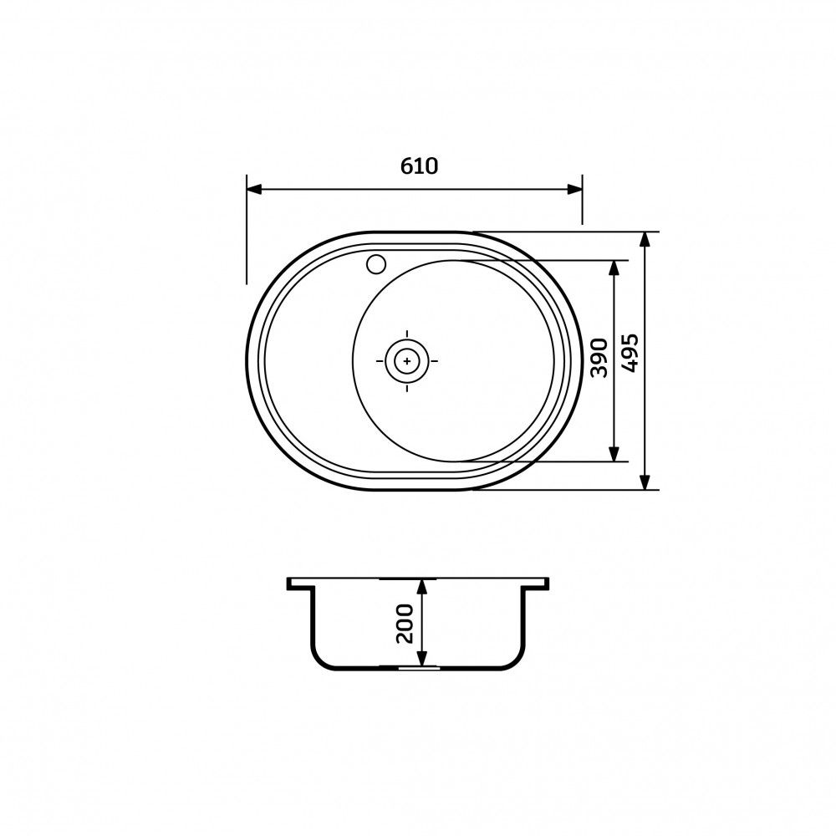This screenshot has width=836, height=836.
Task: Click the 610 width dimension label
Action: (x=419, y=166)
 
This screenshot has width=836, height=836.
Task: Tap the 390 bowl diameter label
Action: (x=599, y=357)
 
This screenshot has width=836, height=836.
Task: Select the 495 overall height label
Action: (x=630, y=353)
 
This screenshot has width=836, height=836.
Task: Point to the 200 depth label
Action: (x=405, y=624)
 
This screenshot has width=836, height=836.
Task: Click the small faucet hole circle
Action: (x=376, y=264)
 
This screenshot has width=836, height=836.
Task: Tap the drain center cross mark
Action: (x=407, y=361)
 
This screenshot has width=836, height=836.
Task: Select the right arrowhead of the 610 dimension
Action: (x=574, y=189)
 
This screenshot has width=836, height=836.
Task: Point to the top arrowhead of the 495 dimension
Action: (x=645, y=240)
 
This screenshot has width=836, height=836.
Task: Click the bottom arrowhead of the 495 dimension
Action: (x=645, y=482)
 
